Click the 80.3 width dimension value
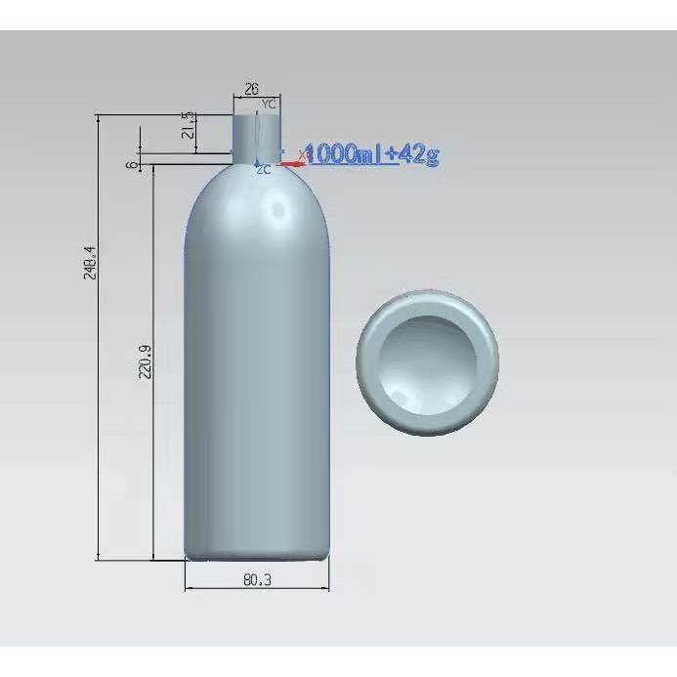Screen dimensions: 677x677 point(256,580)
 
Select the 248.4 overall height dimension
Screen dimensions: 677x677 point(89,263)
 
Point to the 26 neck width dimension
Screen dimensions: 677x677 point(251,89)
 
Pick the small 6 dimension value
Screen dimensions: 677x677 point(132,164)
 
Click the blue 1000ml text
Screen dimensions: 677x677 point(343,153)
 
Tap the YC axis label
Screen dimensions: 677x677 point(270,103)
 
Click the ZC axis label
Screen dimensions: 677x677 point(262,170)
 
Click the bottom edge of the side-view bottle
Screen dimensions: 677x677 point(257,559)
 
